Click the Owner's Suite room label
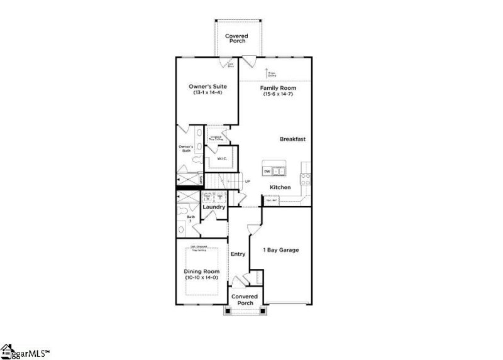207,86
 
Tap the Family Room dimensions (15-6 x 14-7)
277,94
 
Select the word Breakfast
292,139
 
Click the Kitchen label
280,188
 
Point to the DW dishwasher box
267,171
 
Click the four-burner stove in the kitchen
306,177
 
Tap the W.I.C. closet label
221,158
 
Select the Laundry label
214,207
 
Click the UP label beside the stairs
247,182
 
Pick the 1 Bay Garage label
280,250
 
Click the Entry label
238,254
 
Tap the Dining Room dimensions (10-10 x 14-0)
201,278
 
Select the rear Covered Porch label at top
236,39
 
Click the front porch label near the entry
245,300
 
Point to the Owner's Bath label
186,149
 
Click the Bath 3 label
191,219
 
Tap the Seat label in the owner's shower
200,179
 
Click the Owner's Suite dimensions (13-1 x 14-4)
207,93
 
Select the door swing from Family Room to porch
250,62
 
